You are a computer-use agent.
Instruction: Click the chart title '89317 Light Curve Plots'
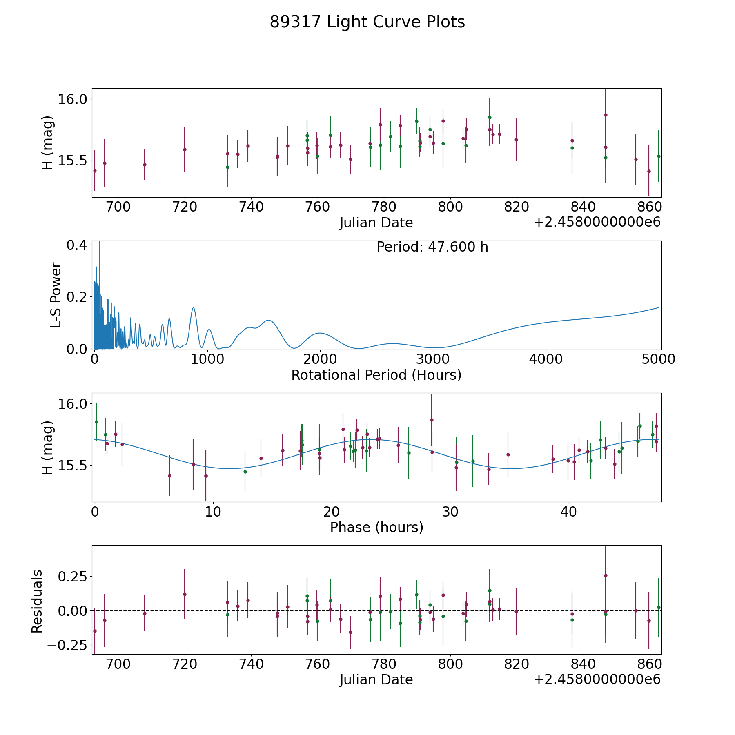click(x=367, y=22)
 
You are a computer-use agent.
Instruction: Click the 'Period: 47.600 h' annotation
click(x=432, y=247)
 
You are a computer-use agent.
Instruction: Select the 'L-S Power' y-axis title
click(x=56, y=295)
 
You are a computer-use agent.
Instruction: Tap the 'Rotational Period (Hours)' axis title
click(x=376, y=375)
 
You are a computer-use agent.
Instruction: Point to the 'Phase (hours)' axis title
click(x=376, y=527)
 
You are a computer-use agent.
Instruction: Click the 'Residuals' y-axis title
click(x=37, y=601)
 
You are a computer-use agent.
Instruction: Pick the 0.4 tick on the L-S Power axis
click(x=77, y=245)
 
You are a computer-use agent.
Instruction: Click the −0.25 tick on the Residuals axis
click(x=66, y=645)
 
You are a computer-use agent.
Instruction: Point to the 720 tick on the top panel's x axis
click(x=185, y=207)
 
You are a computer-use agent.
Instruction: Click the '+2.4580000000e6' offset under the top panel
click(x=597, y=223)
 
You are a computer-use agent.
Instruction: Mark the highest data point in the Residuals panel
click(x=606, y=575)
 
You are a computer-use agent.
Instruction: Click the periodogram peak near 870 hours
click(x=193, y=308)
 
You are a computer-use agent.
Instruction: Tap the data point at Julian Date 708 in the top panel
click(x=145, y=165)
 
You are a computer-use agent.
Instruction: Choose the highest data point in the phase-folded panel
click(x=432, y=420)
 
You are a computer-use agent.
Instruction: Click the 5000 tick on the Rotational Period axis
click(x=659, y=359)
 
